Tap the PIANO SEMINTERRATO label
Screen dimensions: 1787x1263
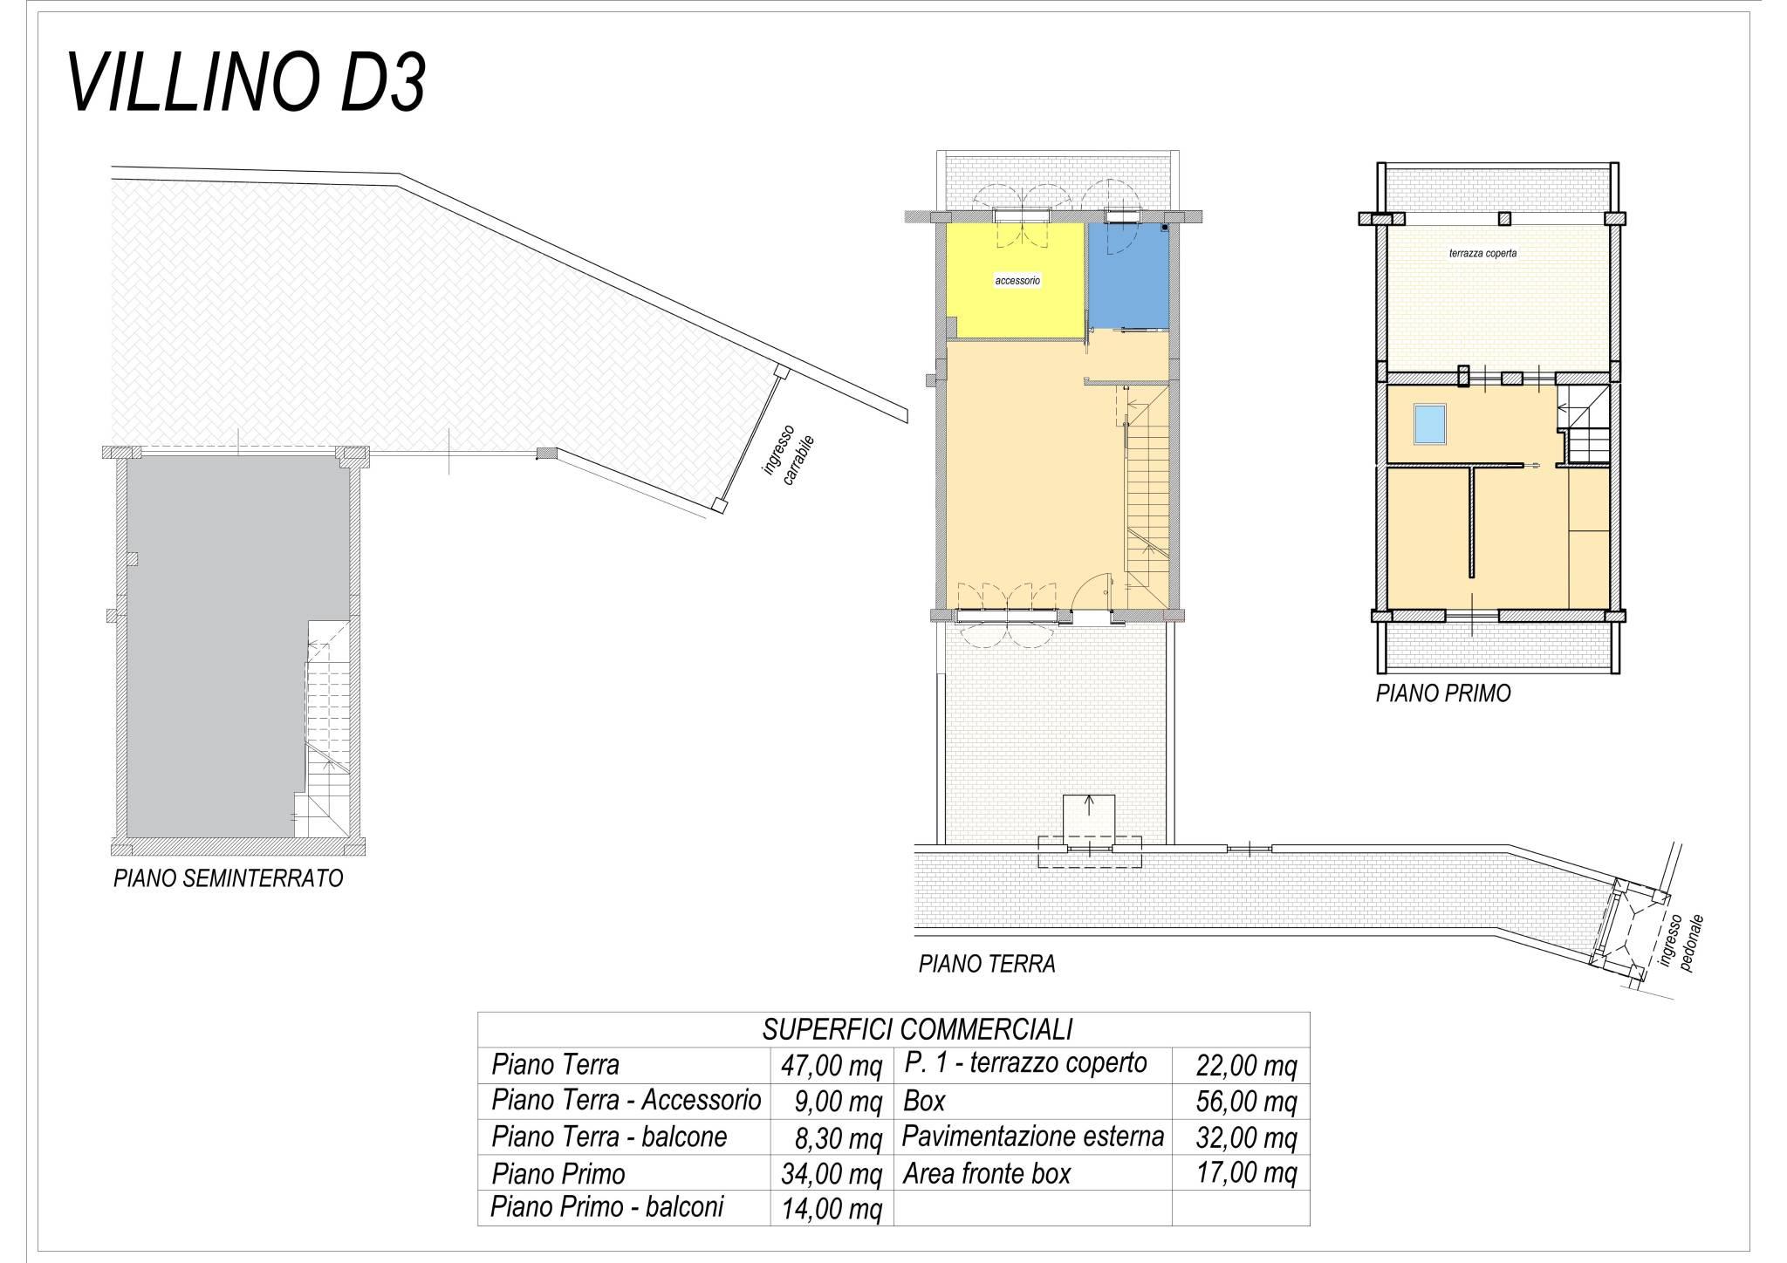click(229, 877)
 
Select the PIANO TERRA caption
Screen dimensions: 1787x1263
click(987, 964)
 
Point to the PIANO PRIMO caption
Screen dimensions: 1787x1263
click(1443, 694)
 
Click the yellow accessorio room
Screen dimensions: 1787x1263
click(1017, 281)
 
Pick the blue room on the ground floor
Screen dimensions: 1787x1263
click(1128, 276)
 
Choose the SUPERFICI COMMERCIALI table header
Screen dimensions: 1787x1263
click(917, 1029)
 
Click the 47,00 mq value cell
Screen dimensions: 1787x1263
click(831, 1066)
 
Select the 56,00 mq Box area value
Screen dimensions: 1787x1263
click(1246, 1102)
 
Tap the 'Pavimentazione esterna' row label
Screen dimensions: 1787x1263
click(1033, 1137)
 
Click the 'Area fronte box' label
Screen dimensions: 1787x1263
click(987, 1174)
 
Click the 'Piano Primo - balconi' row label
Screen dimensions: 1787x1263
click(607, 1206)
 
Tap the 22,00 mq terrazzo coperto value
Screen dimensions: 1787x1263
click(1246, 1066)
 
